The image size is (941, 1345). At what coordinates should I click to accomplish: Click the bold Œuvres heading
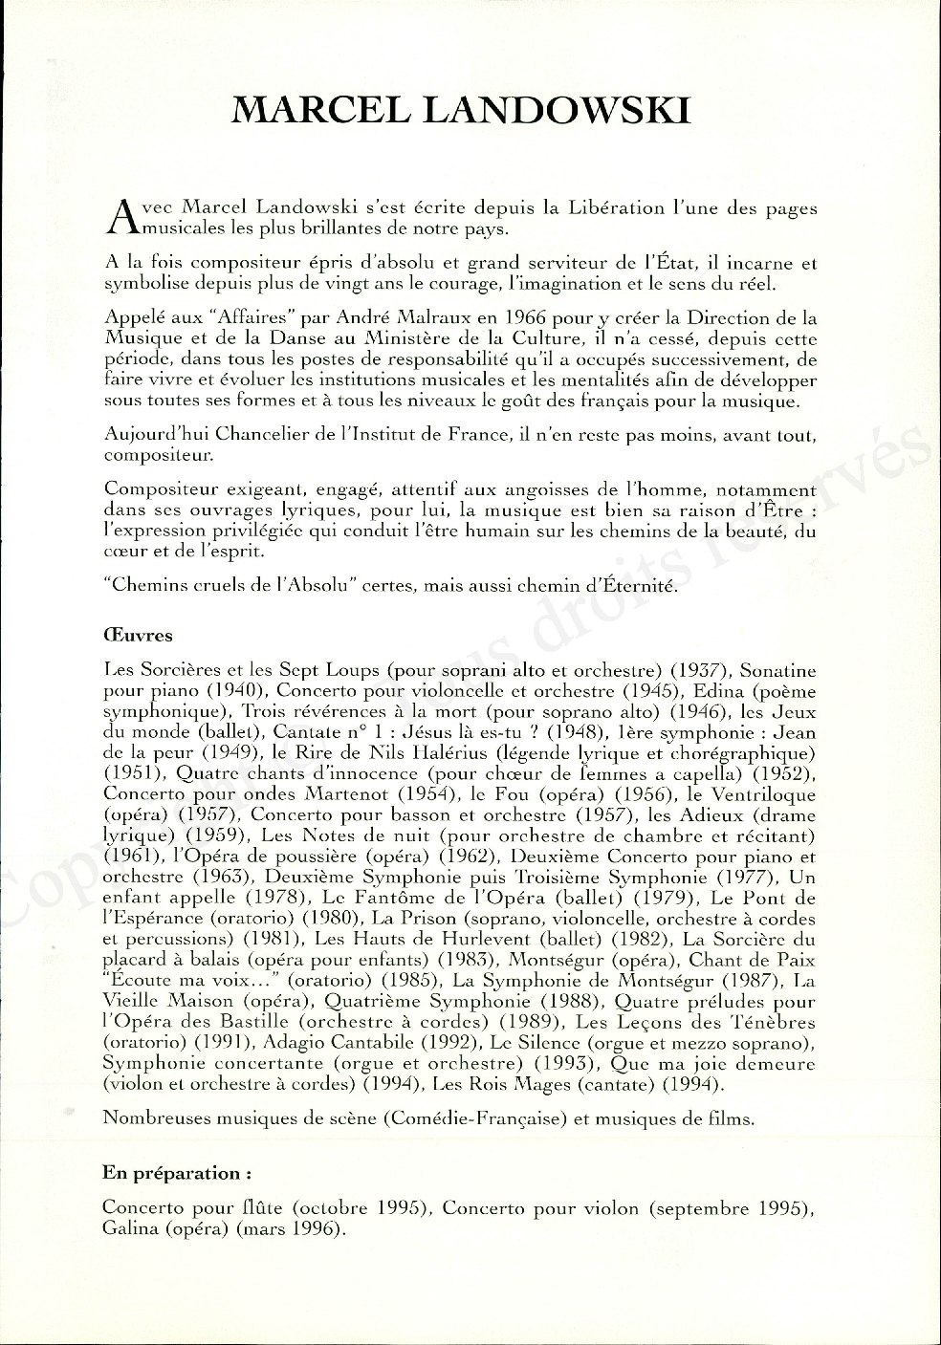click(137, 635)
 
